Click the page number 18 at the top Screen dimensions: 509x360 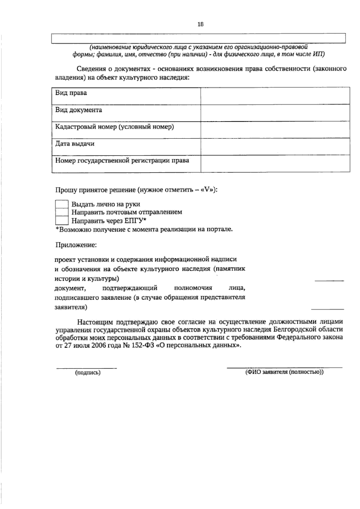click(x=200, y=25)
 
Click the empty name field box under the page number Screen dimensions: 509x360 click(x=198, y=38)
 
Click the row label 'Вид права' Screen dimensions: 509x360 click(x=71, y=93)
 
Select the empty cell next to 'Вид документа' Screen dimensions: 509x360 click(x=275, y=113)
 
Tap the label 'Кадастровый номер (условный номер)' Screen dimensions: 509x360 click(x=114, y=127)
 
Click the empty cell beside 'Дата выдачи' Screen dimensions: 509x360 click(x=275, y=147)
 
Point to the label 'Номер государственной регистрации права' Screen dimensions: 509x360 click(x=122, y=160)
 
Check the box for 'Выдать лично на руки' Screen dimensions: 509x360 click(x=62, y=204)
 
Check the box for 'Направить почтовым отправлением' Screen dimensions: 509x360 click(x=62, y=212)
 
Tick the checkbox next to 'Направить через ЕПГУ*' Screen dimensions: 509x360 click(x=62, y=221)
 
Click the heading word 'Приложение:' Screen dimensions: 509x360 click(x=76, y=245)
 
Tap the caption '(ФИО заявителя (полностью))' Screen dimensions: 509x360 click(x=284, y=372)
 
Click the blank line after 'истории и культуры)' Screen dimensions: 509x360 click(x=329, y=280)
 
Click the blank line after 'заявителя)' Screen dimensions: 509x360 click(x=327, y=309)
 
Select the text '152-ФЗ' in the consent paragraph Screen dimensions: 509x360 click(x=142, y=345)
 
